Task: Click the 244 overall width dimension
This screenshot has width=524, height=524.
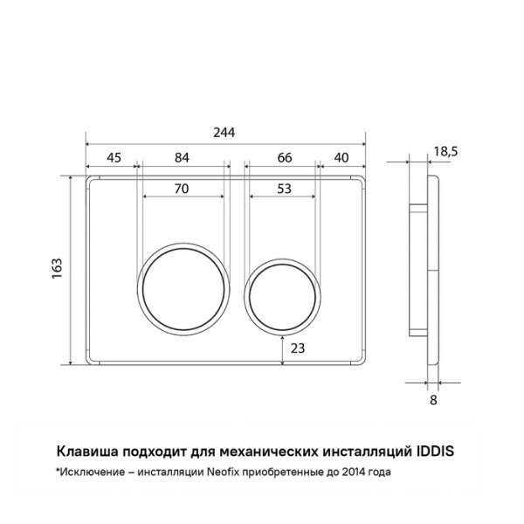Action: [224, 133]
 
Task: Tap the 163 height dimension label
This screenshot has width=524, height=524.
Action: [57, 268]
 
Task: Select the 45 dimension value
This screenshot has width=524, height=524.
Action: [114, 157]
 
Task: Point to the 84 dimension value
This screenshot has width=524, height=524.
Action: [183, 157]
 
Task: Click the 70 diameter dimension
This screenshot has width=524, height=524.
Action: [182, 189]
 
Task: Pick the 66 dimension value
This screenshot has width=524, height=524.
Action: [285, 157]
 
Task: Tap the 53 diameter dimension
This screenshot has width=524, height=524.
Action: [285, 189]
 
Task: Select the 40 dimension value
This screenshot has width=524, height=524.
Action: [341, 157]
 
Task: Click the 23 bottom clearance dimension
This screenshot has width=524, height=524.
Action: [298, 348]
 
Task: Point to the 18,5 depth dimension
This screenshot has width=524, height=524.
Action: [445, 152]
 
